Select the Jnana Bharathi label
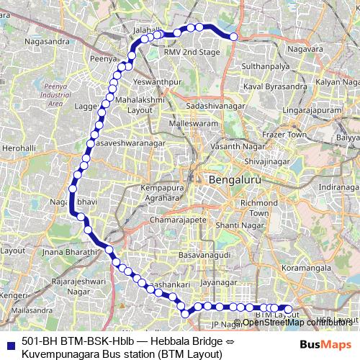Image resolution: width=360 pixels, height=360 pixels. (69, 253)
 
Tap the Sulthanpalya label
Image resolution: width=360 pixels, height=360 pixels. (265, 64)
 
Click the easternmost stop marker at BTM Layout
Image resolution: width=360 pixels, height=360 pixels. (288, 310)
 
